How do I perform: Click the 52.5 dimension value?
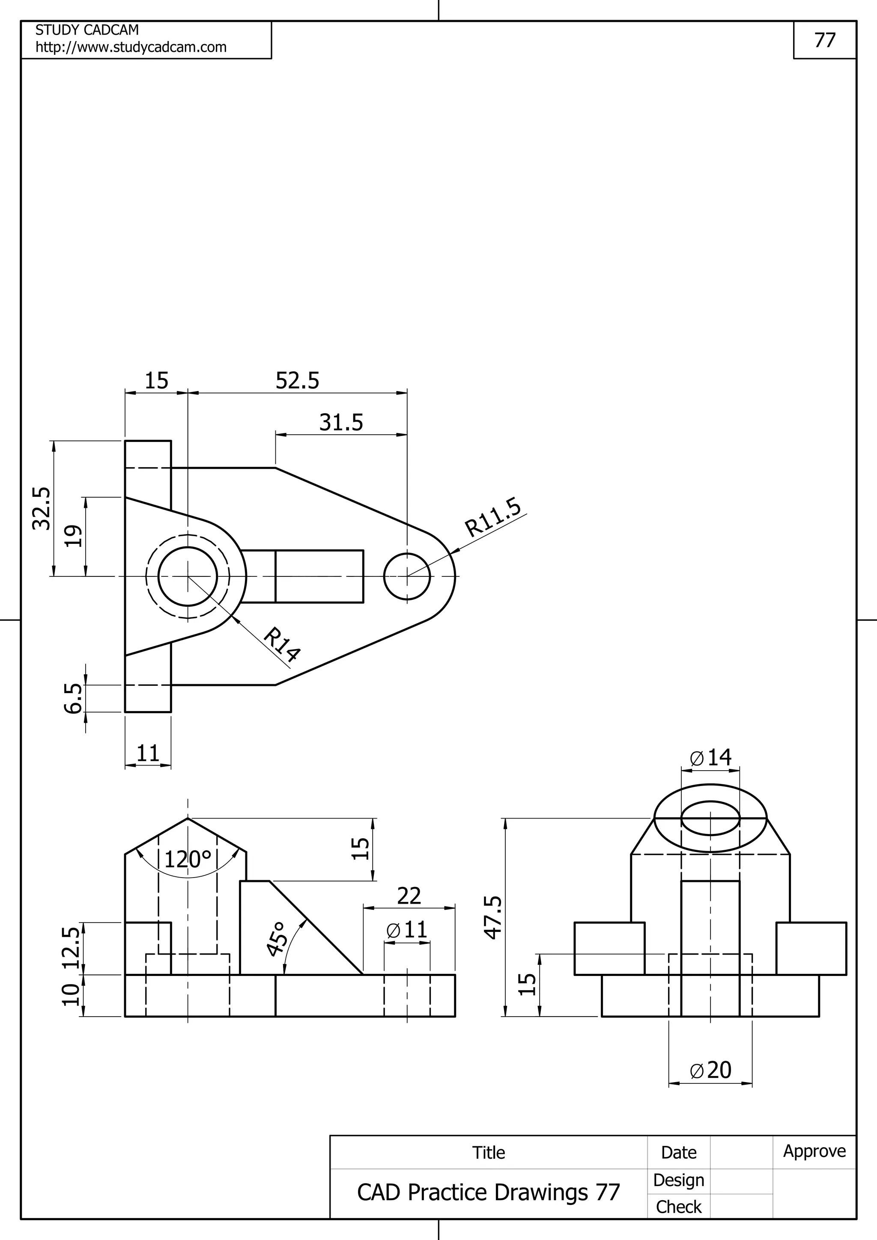coord(297,381)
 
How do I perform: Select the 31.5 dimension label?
coord(341,422)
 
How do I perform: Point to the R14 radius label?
coord(281,644)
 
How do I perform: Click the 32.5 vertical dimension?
coord(42,508)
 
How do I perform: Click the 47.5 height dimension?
coord(493,917)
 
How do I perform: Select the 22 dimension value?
coord(409,896)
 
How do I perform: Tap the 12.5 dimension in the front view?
coord(71,948)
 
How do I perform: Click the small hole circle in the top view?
coord(407,576)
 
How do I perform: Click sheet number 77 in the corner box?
coord(825,40)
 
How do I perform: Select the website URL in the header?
coord(131,47)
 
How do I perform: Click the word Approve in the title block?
coord(814,1151)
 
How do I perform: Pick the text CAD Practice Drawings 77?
coord(489,1192)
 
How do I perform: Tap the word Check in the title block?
coord(679,1207)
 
